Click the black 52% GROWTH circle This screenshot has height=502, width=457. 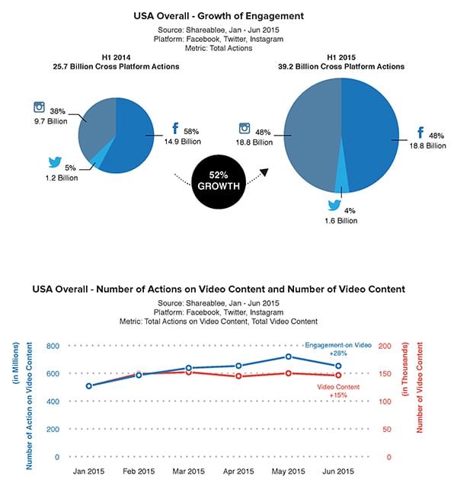[219, 181]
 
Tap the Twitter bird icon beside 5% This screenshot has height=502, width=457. [55, 162]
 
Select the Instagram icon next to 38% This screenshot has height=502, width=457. [40, 107]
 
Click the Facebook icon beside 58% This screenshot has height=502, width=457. [175, 128]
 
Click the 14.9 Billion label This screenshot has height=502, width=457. [183, 142]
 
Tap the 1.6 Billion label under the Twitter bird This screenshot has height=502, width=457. [341, 221]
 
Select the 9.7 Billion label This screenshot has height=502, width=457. [51, 121]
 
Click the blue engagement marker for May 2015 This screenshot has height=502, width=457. [289, 357]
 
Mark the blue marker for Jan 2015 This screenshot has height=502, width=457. [89, 386]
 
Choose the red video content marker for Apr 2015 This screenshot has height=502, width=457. [238, 376]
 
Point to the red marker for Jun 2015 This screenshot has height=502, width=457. [338, 376]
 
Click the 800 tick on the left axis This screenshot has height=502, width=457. [53, 346]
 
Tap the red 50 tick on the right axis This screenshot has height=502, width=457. [387, 430]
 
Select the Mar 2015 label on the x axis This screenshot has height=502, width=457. [188, 472]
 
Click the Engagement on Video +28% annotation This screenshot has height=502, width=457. [338, 350]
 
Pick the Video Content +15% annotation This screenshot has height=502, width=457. [338, 391]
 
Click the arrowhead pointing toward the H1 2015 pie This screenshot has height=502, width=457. [264, 172]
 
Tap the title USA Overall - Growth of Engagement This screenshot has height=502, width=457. [219, 16]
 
